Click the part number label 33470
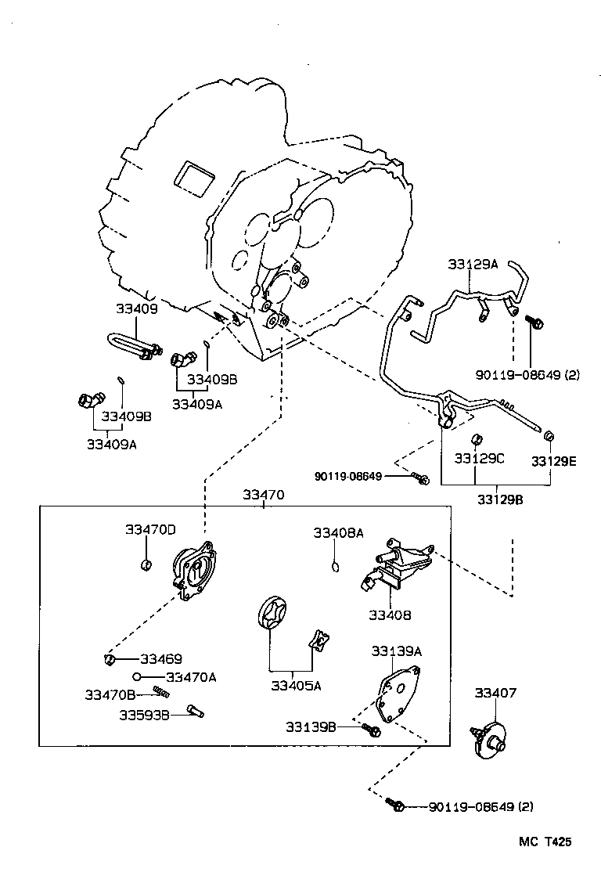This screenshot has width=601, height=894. pyautogui.click(x=263, y=495)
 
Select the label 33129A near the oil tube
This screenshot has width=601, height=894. pyautogui.click(x=473, y=265)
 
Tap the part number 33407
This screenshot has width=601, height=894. pyautogui.click(x=495, y=693)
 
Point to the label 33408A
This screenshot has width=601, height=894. pyautogui.click(x=338, y=533)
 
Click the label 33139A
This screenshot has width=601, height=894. pyautogui.click(x=396, y=651)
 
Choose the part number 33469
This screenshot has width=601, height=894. pyautogui.click(x=161, y=659)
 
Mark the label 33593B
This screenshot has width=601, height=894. pyautogui.click(x=144, y=715)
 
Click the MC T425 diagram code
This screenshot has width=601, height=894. pyautogui.click(x=545, y=842)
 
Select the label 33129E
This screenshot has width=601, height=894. pyautogui.click(x=553, y=461)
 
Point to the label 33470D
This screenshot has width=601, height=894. pyautogui.click(x=150, y=530)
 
